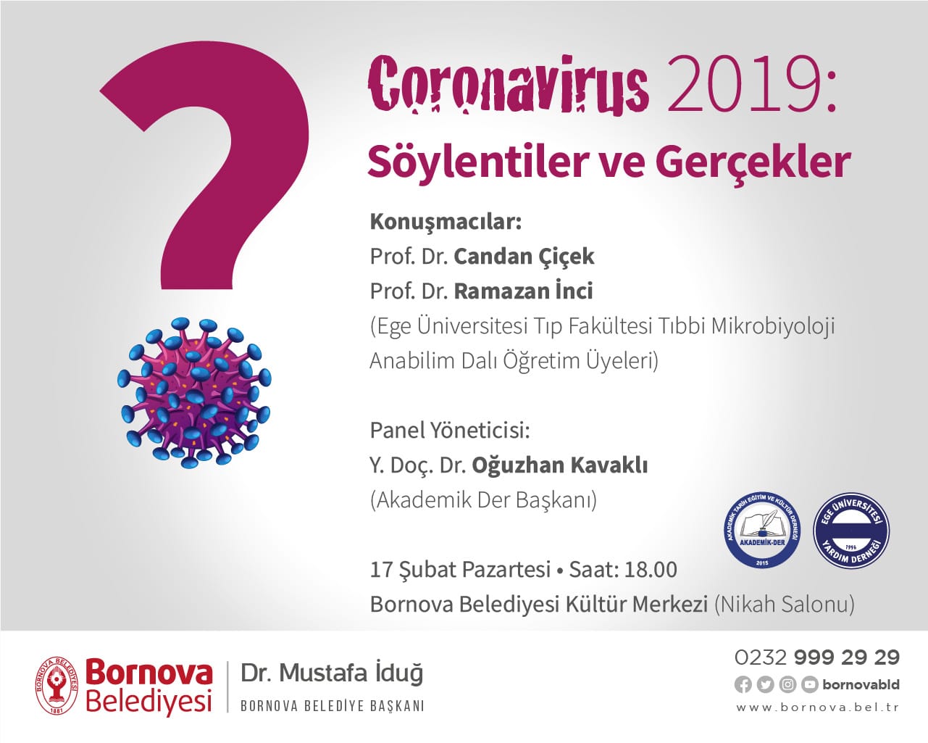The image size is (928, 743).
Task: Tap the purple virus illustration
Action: pyautogui.click(x=194, y=393)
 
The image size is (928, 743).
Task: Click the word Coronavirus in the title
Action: pyautogui.click(x=508, y=85)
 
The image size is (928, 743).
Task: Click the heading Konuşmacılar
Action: pyautogui.click(x=446, y=223)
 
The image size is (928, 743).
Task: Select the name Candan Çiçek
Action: pyautogui.click(x=524, y=257)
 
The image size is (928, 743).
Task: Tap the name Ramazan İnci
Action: pyautogui.click(x=524, y=291)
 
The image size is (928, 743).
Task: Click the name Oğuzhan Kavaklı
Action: pyautogui.click(x=560, y=465)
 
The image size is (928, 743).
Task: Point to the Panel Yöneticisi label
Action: pyautogui.click(x=450, y=430)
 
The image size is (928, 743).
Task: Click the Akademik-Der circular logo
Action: pyautogui.click(x=762, y=531)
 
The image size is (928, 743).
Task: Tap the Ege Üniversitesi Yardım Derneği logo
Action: pyautogui.click(x=851, y=531)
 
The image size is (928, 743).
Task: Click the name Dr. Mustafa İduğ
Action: pyautogui.click(x=332, y=673)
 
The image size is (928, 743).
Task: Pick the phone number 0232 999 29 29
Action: pyautogui.click(x=817, y=657)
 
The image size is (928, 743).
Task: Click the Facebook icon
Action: pyautogui.click(x=743, y=685)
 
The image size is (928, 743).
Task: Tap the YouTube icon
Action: pyautogui.click(x=809, y=685)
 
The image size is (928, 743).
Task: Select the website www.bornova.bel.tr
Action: pyautogui.click(x=818, y=708)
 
